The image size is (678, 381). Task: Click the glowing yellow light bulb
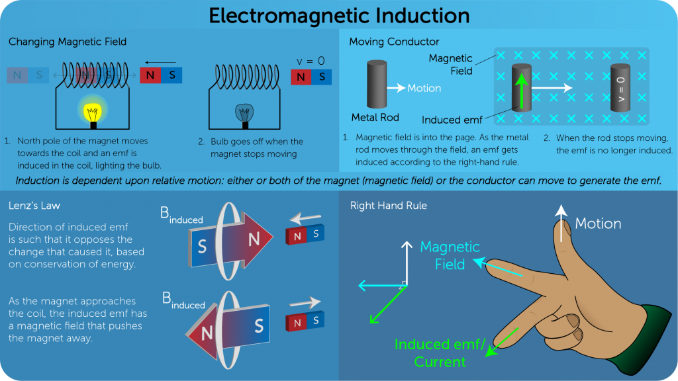(93, 113)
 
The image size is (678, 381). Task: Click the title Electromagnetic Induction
(339, 16)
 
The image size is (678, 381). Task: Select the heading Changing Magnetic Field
(68, 42)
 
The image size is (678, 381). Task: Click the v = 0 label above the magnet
(311, 61)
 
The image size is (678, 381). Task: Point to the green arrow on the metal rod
(522, 90)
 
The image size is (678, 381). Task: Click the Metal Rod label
(375, 118)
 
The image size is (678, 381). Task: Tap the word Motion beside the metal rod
(424, 88)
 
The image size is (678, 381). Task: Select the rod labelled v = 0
(620, 88)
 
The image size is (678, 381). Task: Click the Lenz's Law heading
(34, 206)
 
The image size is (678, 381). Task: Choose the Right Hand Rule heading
(388, 206)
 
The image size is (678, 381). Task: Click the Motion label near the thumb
(598, 224)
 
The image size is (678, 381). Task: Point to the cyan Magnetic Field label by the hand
(450, 255)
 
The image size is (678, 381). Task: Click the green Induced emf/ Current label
(440, 353)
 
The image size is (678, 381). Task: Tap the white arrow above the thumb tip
(561, 223)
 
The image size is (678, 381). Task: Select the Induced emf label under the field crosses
(452, 120)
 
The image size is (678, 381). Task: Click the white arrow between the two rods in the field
(552, 88)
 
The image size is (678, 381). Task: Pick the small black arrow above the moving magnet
(160, 63)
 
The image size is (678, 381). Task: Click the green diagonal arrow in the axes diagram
(388, 304)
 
